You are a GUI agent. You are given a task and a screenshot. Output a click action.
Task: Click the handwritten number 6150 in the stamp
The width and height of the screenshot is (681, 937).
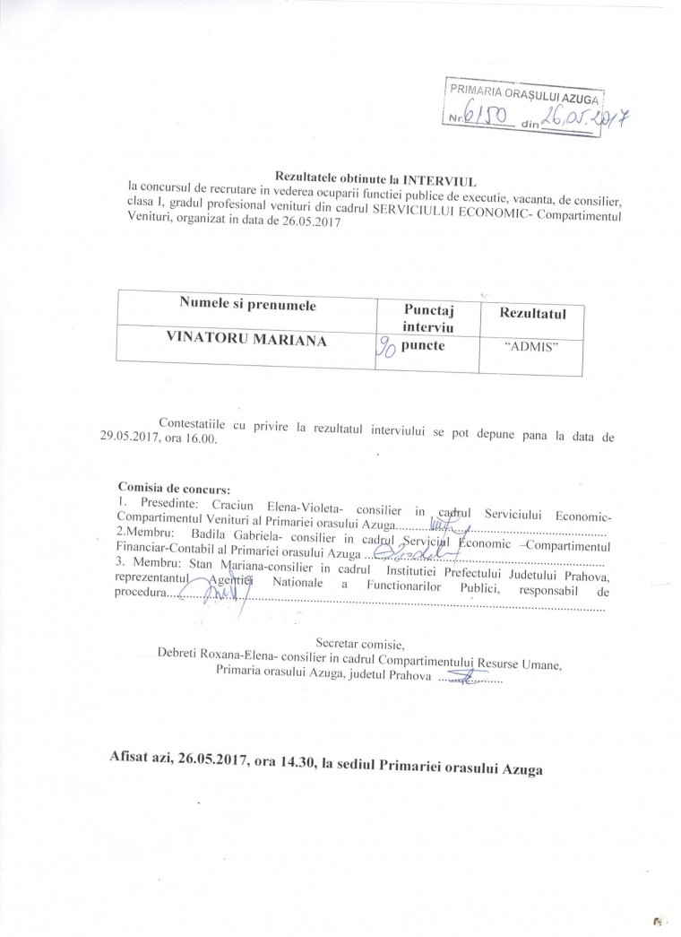pyautogui.click(x=485, y=119)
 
